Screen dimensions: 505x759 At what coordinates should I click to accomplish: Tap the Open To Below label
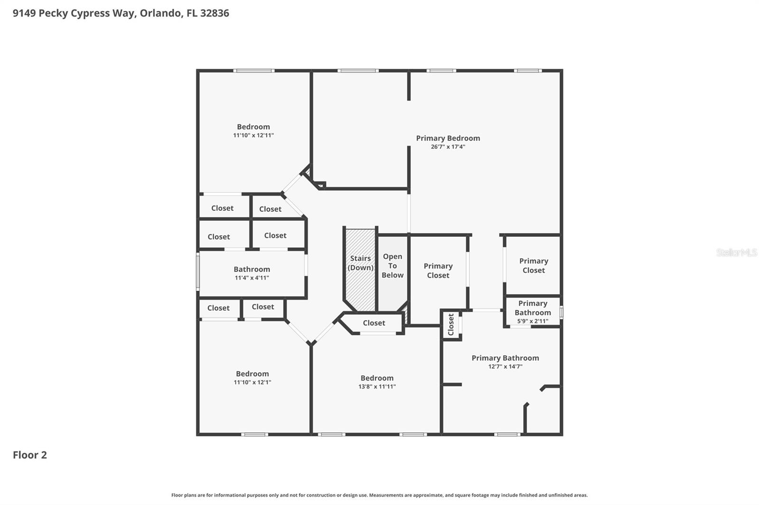coord(392,266)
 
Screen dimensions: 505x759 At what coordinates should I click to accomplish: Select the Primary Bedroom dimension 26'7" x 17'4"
coord(448,147)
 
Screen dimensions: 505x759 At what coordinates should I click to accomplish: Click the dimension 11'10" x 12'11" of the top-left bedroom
coord(253,135)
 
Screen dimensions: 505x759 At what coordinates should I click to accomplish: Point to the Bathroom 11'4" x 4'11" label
coord(251,273)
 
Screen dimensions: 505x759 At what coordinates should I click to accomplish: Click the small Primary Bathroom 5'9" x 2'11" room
coord(532,312)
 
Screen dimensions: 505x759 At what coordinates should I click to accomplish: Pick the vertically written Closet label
coord(451,325)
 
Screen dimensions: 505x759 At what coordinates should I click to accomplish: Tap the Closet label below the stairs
coord(374,323)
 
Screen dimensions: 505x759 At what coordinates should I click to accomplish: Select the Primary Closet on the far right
coord(533,266)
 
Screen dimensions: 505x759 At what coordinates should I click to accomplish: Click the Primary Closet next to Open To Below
coord(438,271)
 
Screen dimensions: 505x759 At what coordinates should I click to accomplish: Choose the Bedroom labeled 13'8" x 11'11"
coord(377,382)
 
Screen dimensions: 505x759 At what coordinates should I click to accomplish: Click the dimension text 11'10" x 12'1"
coord(252,382)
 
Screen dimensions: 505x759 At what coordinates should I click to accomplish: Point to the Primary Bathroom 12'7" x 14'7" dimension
coord(505,367)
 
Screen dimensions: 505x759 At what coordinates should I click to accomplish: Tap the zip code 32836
coord(214,13)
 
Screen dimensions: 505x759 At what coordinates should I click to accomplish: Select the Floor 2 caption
coord(30,455)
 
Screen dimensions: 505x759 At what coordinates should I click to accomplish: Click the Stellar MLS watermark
coord(736,252)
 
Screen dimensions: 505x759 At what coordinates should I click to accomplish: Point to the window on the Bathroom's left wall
coord(198,271)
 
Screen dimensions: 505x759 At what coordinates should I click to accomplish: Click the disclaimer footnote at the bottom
coord(379,495)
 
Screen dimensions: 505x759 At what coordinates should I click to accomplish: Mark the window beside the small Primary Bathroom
coord(561,312)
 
